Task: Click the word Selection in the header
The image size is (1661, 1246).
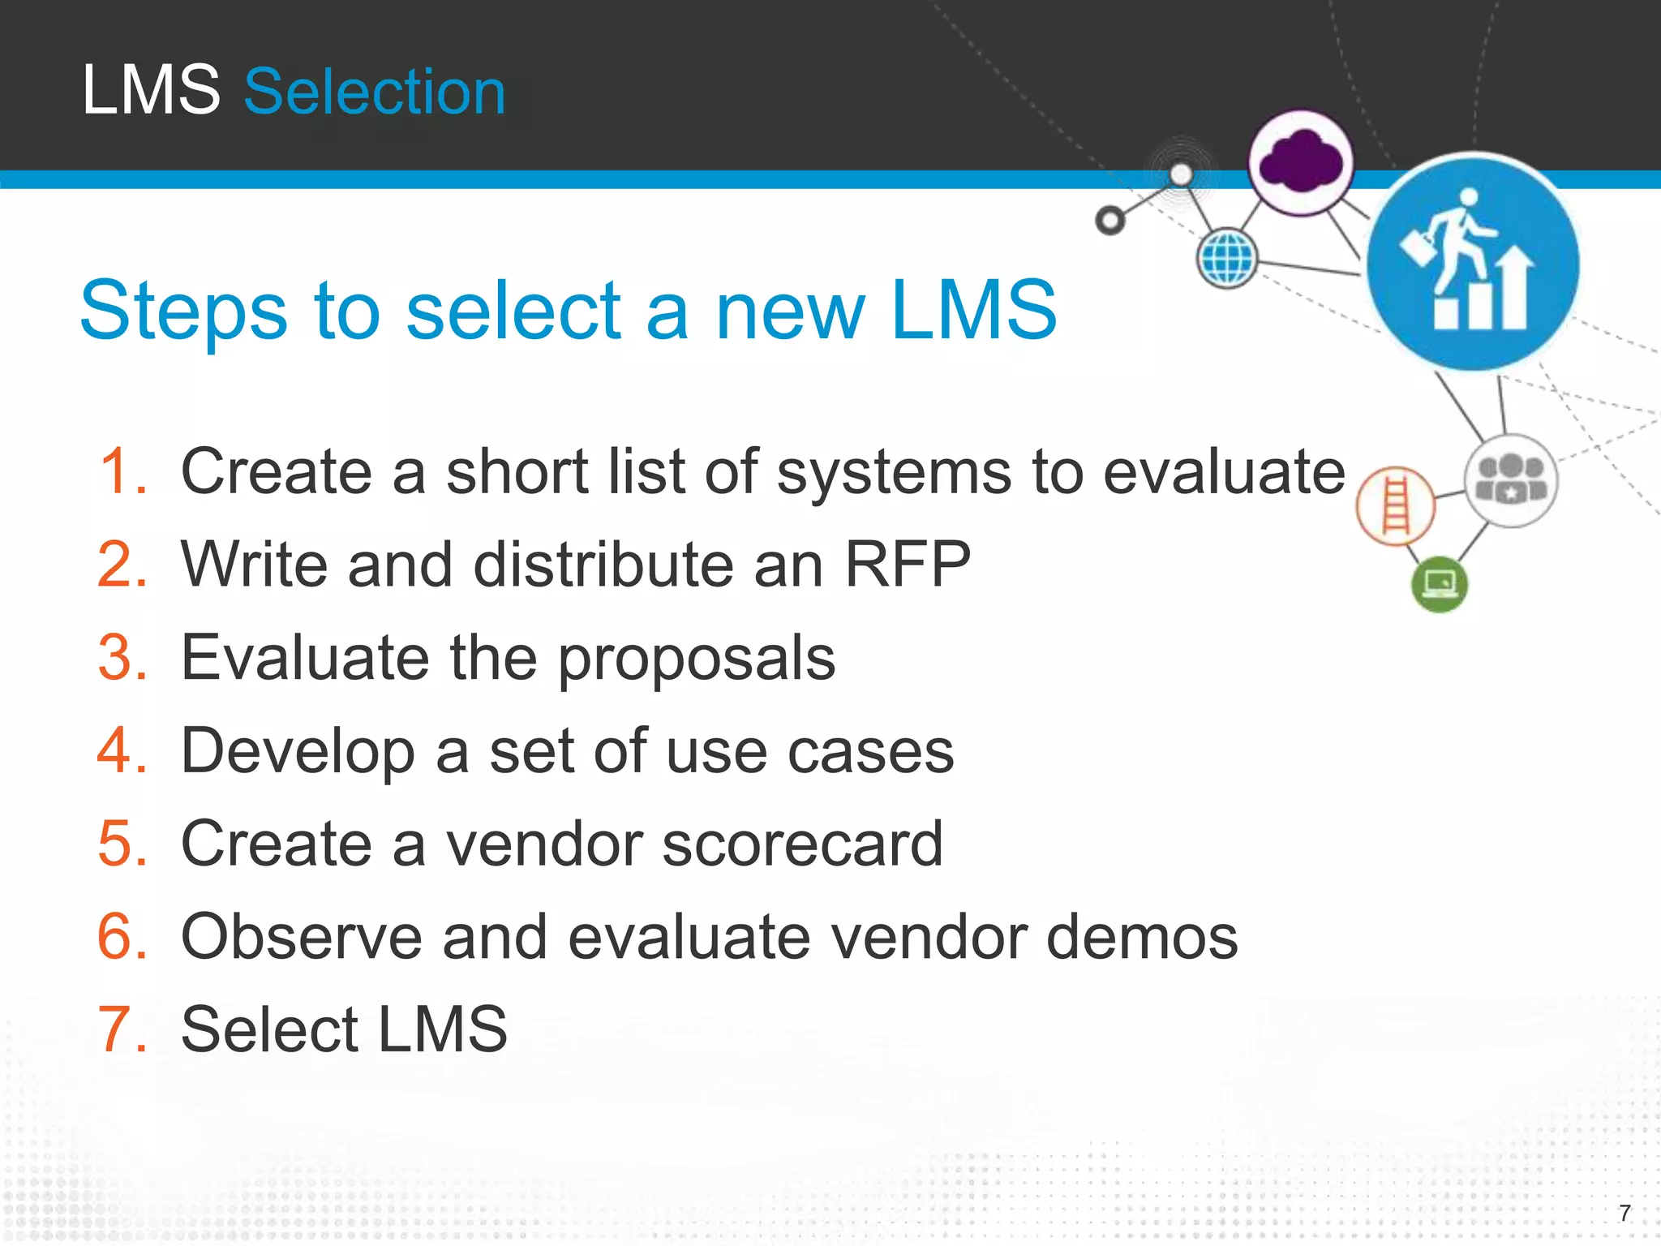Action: (375, 92)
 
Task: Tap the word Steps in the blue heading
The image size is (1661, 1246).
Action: (183, 310)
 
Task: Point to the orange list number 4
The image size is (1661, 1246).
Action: (122, 750)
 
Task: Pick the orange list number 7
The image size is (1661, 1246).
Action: (122, 1029)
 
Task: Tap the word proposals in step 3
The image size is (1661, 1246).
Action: (696, 659)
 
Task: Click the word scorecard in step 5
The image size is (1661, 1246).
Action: (802, 844)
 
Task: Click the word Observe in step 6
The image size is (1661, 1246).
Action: (301, 937)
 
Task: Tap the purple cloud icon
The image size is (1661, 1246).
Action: (1301, 162)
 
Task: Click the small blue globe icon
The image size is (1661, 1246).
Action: (1227, 259)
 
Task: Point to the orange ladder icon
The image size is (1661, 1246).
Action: (1395, 506)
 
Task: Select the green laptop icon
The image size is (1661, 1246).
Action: (1440, 584)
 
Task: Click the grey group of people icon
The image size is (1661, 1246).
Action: (1510, 480)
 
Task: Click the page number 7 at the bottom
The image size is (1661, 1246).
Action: (1624, 1213)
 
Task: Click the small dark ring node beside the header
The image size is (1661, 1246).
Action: (1109, 220)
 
